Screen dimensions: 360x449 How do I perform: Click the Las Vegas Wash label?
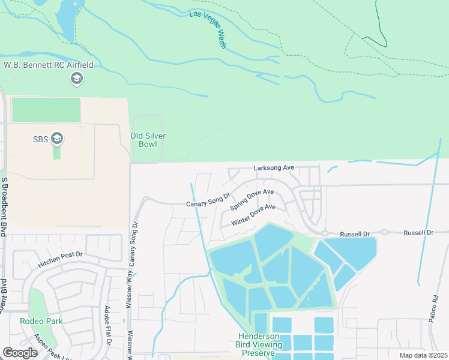tap(208, 30)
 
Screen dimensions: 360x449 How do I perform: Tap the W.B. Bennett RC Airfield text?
tap(49, 65)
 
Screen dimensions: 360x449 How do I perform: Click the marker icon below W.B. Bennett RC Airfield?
tap(76, 79)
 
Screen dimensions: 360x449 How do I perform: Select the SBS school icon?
tap(58, 139)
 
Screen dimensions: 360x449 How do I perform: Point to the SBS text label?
tap(40, 139)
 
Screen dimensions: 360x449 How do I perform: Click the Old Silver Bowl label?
tap(148, 140)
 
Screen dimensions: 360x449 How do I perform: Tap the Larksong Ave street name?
tap(273, 169)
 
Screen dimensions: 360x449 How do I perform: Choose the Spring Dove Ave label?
tap(252, 200)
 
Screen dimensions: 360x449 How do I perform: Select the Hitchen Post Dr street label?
tap(60, 259)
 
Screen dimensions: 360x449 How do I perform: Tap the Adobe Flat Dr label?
tap(107, 326)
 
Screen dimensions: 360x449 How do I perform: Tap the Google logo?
tap(20, 353)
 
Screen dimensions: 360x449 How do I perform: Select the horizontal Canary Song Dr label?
tap(208, 200)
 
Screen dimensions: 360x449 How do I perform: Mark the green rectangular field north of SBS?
tap(46, 110)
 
